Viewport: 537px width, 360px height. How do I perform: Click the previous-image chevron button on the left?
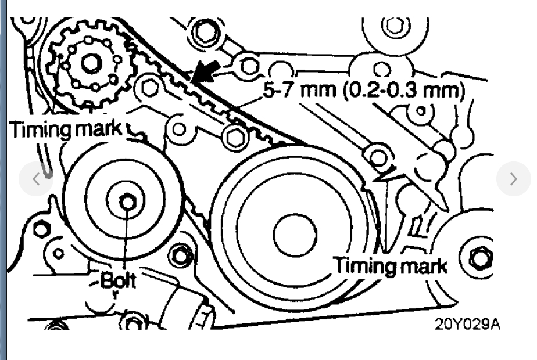click(x=35, y=179)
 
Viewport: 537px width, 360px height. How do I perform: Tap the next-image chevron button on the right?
click(x=513, y=179)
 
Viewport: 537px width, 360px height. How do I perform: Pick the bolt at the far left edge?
click(x=41, y=229)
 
